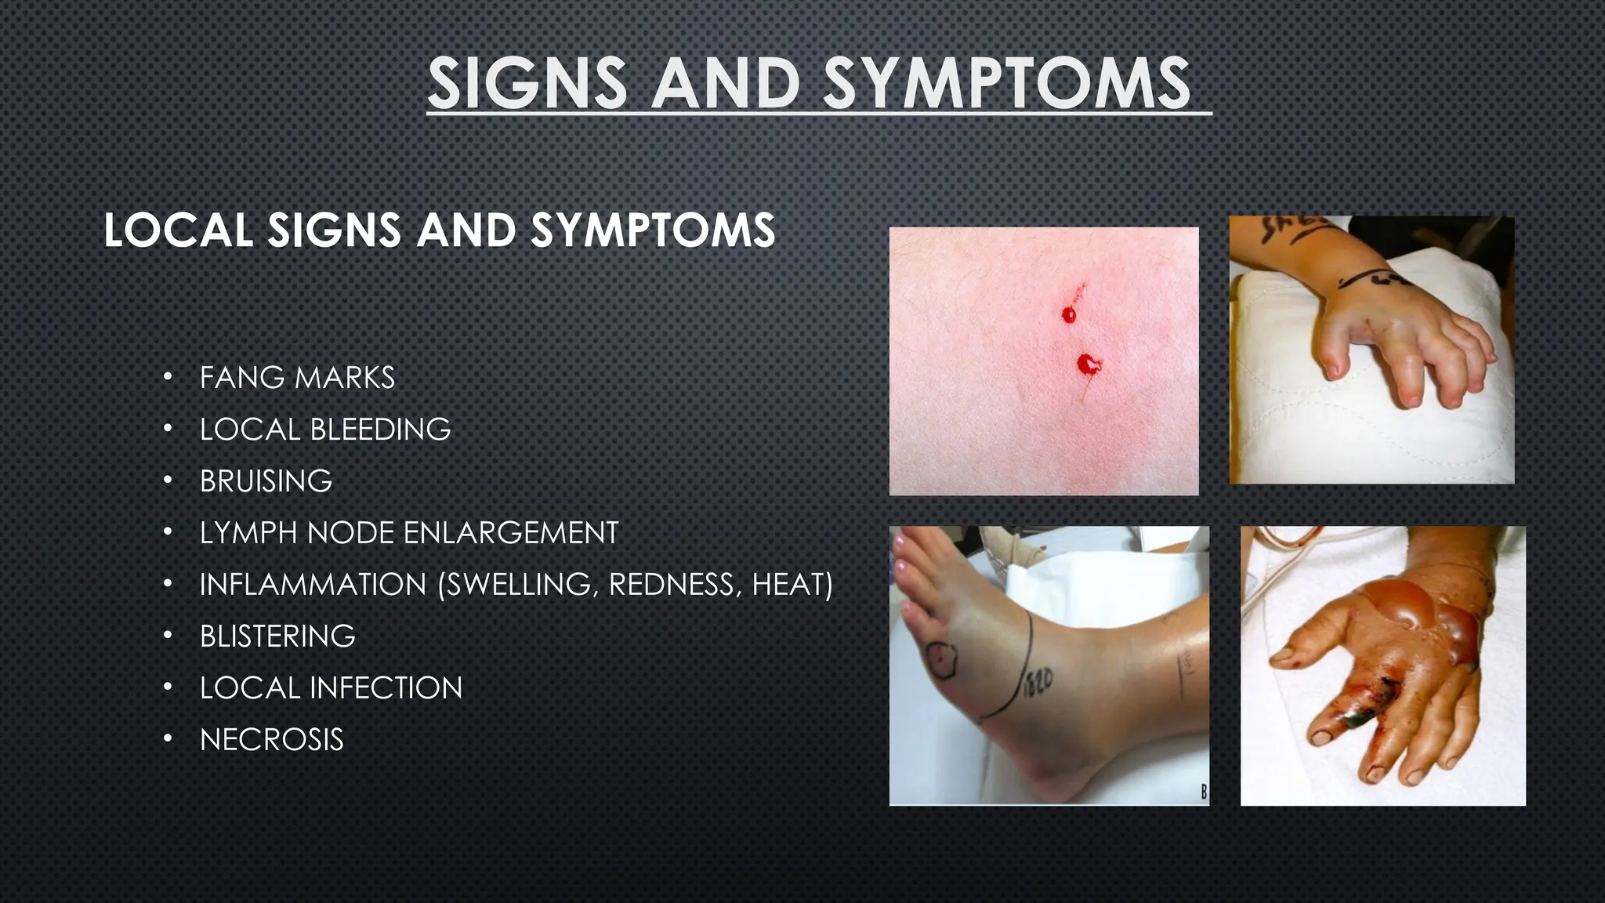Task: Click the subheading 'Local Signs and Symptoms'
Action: click(439, 230)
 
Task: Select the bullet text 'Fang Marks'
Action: click(297, 378)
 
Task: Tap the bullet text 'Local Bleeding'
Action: click(325, 430)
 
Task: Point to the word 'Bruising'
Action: click(266, 481)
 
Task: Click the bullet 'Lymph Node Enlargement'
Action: click(409, 533)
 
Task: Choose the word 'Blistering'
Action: click(277, 636)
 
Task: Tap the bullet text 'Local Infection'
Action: click(331, 688)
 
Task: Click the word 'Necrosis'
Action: click(271, 740)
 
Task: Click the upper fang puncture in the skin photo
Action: click(1069, 314)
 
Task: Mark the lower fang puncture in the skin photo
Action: click(1086, 363)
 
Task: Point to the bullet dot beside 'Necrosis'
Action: click(167, 739)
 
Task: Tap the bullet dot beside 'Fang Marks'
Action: click(167, 377)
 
